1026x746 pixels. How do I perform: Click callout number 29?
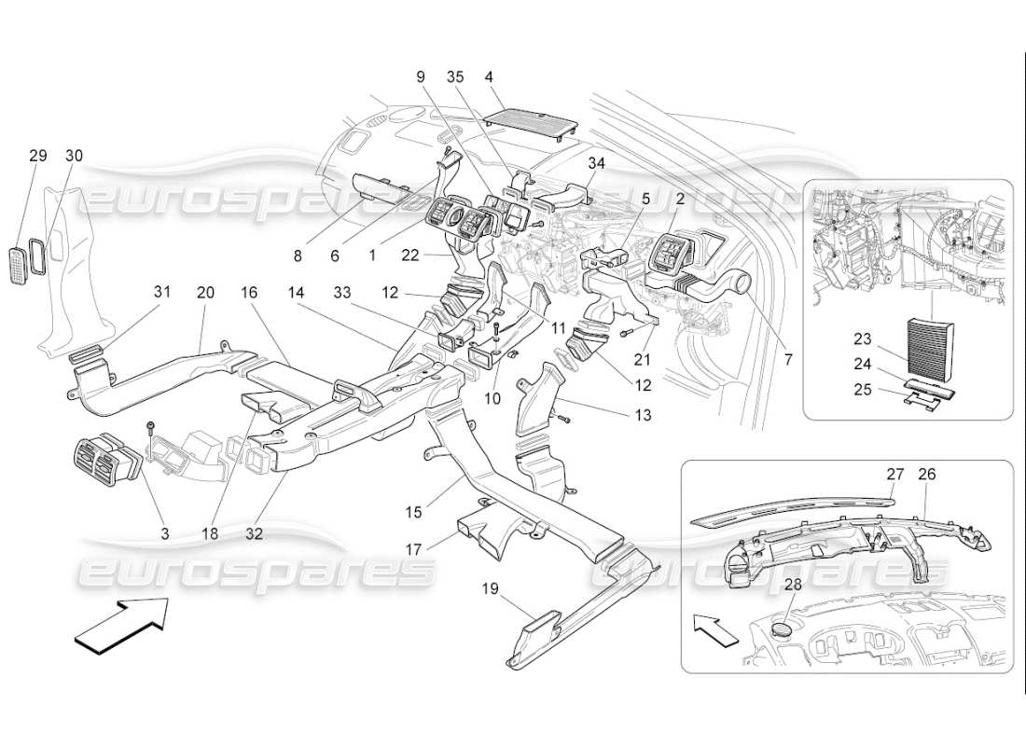tap(37, 156)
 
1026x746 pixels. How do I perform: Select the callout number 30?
tap(74, 156)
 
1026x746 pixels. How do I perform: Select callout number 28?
tap(793, 585)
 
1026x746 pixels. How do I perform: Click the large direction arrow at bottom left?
tap(121, 623)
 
